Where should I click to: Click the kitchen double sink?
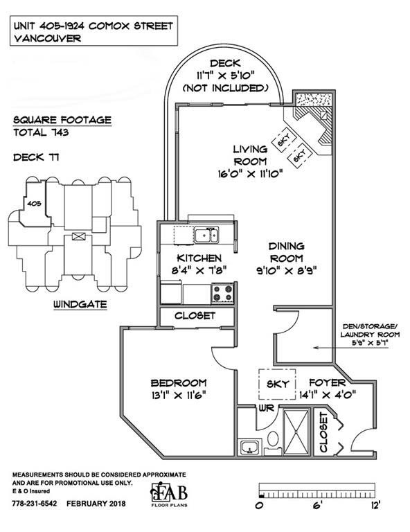206,235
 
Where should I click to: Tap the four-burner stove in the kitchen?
223,293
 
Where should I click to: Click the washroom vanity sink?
251,447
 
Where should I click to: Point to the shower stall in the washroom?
296,432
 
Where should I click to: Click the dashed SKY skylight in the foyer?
277,384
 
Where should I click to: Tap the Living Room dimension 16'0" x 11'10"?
250,174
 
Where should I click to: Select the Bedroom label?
179,383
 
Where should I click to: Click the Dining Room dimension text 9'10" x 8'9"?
287,271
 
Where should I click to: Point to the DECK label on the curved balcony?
225,64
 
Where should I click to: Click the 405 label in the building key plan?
34,203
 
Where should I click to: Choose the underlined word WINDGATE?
80,304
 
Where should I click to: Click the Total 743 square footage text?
41,132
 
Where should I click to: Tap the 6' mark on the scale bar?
317,506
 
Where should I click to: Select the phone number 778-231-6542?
35,504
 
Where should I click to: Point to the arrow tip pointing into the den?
314,348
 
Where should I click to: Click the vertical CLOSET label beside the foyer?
323,432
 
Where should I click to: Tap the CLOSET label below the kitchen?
195,316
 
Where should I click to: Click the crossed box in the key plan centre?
78,236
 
